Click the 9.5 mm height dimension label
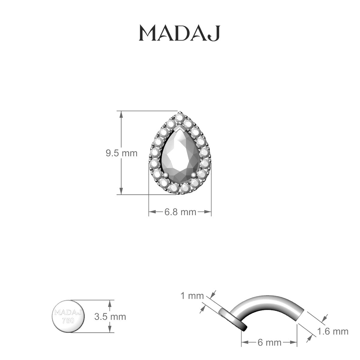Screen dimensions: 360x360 click(121, 153)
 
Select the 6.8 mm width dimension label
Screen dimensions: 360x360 click(180, 212)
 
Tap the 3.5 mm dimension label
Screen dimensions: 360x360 click(110, 316)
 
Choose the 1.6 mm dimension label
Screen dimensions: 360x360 click(333, 331)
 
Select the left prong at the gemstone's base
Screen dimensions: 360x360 click(165, 175)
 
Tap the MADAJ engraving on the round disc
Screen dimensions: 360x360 click(68, 313)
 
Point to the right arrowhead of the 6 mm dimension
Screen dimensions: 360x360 click(294, 342)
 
